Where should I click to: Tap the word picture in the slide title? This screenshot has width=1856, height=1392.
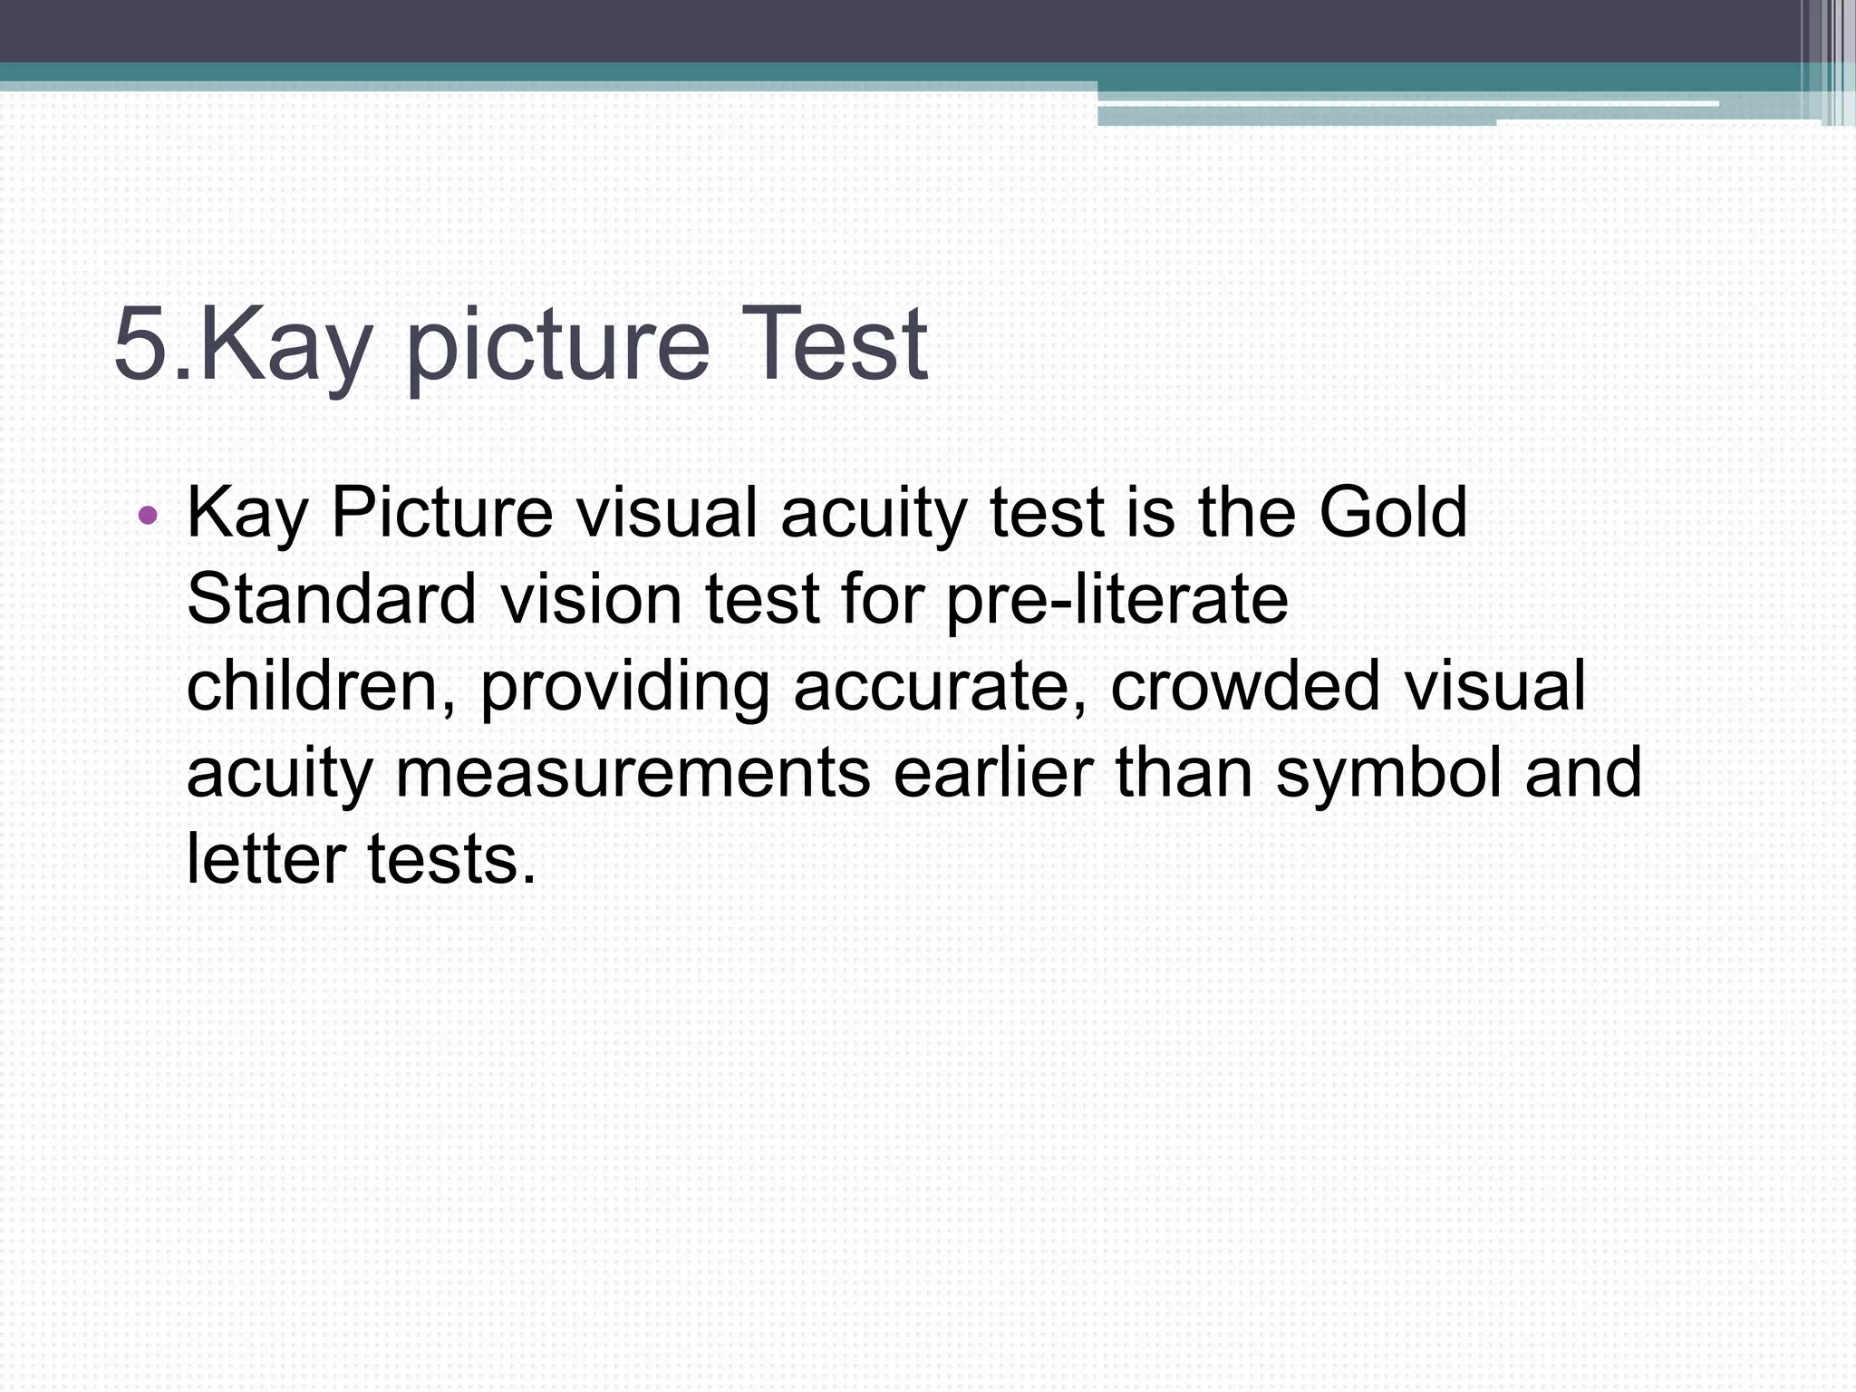[557, 349]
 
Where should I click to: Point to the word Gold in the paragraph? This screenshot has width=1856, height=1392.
[1392, 512]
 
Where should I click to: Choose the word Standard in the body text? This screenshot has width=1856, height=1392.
[332, 599]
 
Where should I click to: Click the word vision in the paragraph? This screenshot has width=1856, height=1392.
[591, 599]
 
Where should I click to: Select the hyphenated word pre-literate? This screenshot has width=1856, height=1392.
[1116, 599]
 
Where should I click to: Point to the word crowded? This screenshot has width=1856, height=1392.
[1246, 686]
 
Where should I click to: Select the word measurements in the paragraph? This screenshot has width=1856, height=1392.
[633, 773]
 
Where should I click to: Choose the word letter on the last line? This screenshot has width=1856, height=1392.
[266, 859]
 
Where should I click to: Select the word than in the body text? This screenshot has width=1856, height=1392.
[1184, 773]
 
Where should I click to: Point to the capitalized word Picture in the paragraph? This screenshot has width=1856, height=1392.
[441, 512]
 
